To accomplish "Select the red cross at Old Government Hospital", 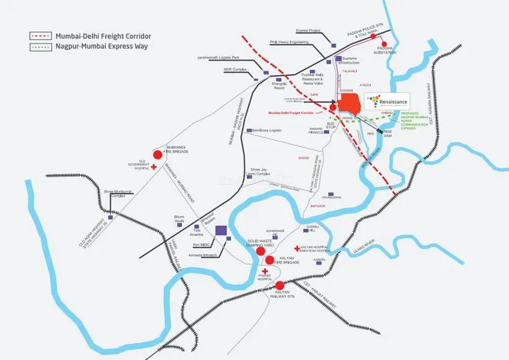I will point(153,167).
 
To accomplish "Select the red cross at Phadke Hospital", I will point(264,272).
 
